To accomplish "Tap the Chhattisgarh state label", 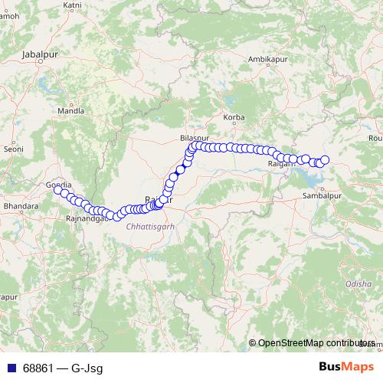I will click(x=151, y=228).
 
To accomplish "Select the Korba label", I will click(x=232, y=117).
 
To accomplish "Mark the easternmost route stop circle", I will click(x=324, y=160).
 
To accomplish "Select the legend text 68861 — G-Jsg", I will click(x=62, y=368).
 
